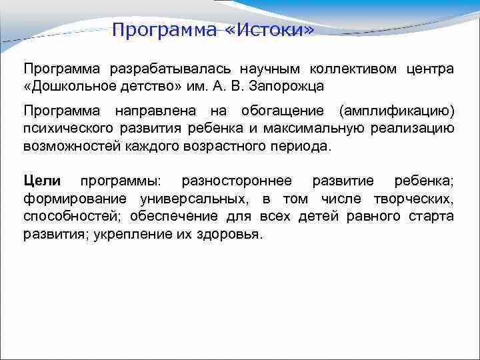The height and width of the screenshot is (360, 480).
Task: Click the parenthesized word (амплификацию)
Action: [x=396, y=111]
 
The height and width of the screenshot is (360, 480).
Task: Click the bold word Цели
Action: [x=42, y=181]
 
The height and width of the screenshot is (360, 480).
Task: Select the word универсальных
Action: [x=193, y=199]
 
